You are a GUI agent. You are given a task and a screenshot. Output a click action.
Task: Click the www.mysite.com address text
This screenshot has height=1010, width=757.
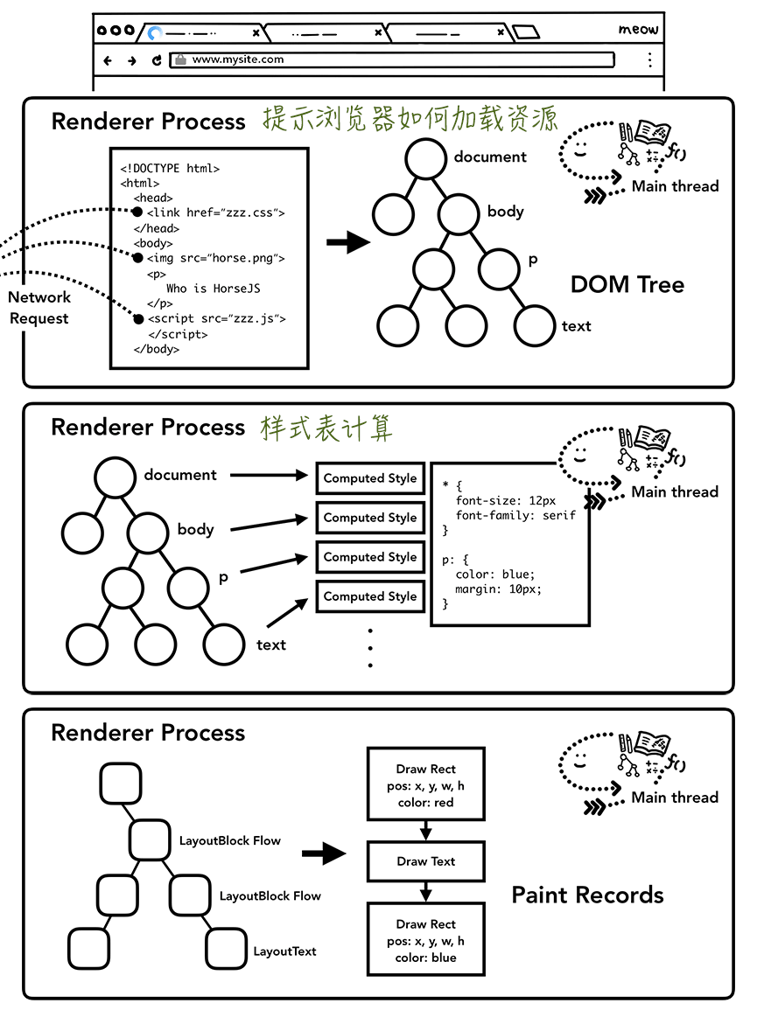tap(237, 60)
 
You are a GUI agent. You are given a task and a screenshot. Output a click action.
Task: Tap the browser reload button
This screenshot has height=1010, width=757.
tap(157, 60)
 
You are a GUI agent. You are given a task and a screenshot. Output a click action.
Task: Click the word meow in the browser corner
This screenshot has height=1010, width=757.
tap(638, 30)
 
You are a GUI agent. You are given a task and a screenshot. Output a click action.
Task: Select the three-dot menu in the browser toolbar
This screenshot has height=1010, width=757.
tap(649, 60)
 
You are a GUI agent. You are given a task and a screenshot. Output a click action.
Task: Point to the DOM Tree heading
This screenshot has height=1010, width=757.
tap(627, 284)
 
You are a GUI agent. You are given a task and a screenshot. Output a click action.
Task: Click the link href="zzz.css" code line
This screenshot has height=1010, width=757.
tap(216, 212)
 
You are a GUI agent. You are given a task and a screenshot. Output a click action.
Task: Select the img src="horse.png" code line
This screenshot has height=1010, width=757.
tap(216, 259)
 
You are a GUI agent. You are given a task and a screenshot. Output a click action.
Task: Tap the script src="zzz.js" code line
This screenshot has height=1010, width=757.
tap(216, 319)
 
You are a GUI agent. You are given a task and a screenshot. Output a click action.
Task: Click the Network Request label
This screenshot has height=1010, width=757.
tap(39, 308)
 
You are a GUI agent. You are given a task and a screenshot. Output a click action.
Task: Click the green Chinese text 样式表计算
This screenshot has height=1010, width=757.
tap(326, 428)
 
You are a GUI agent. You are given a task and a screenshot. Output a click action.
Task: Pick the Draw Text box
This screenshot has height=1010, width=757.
tap(426, 861)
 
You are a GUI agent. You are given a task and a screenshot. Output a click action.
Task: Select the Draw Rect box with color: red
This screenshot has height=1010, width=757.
tap(426, 784)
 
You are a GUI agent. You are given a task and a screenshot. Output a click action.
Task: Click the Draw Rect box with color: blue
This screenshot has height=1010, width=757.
tap(426, 940)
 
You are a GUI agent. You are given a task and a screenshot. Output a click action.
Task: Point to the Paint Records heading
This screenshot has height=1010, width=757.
tap(587, 895)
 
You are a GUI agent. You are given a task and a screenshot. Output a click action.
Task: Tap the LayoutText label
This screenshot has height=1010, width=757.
tap(284, 951)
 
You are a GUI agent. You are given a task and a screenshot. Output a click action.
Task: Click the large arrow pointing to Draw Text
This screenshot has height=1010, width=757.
tap(324, 853)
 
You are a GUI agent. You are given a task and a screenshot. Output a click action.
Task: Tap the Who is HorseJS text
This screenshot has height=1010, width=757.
tap(213, 289)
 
